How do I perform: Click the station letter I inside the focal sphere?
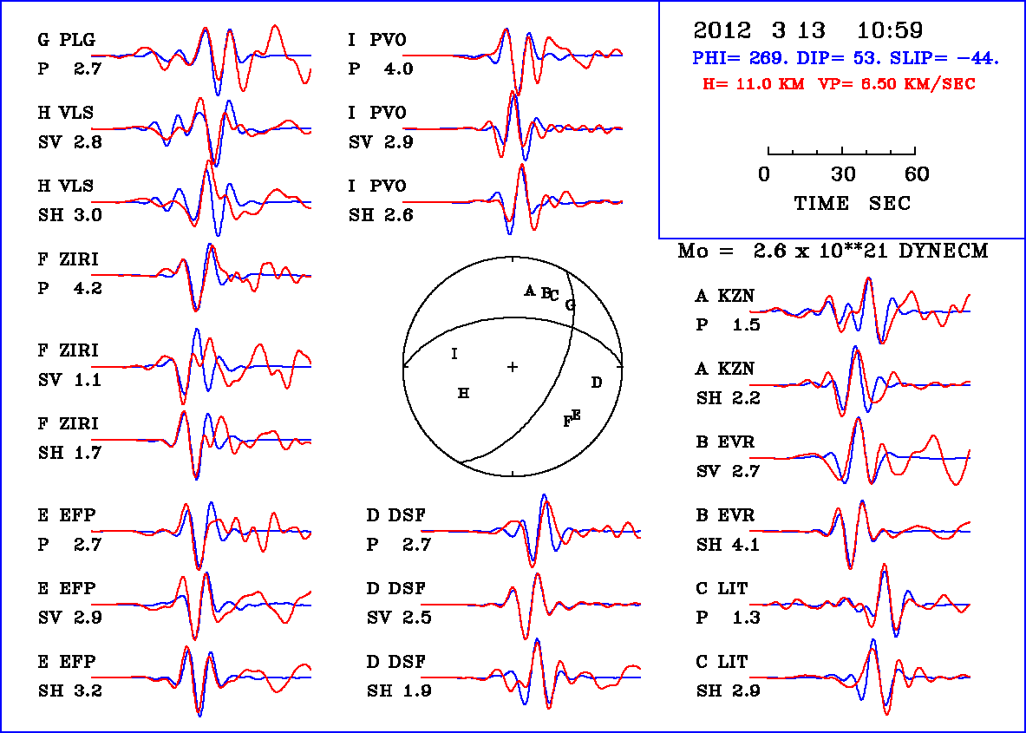pos(454,354)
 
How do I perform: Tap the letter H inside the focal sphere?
pos(464,394)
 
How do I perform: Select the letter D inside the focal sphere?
pos(596,383)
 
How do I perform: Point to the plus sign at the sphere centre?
pos(513,367)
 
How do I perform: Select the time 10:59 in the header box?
pos(890,30)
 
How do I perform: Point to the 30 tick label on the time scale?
pos(843,175)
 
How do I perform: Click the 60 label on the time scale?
pos(917,175)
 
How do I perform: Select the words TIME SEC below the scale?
pos(853,203)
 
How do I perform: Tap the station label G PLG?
pos(66,40)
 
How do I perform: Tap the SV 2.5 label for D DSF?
pos(399,618)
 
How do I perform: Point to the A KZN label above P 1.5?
pos(725,297)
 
